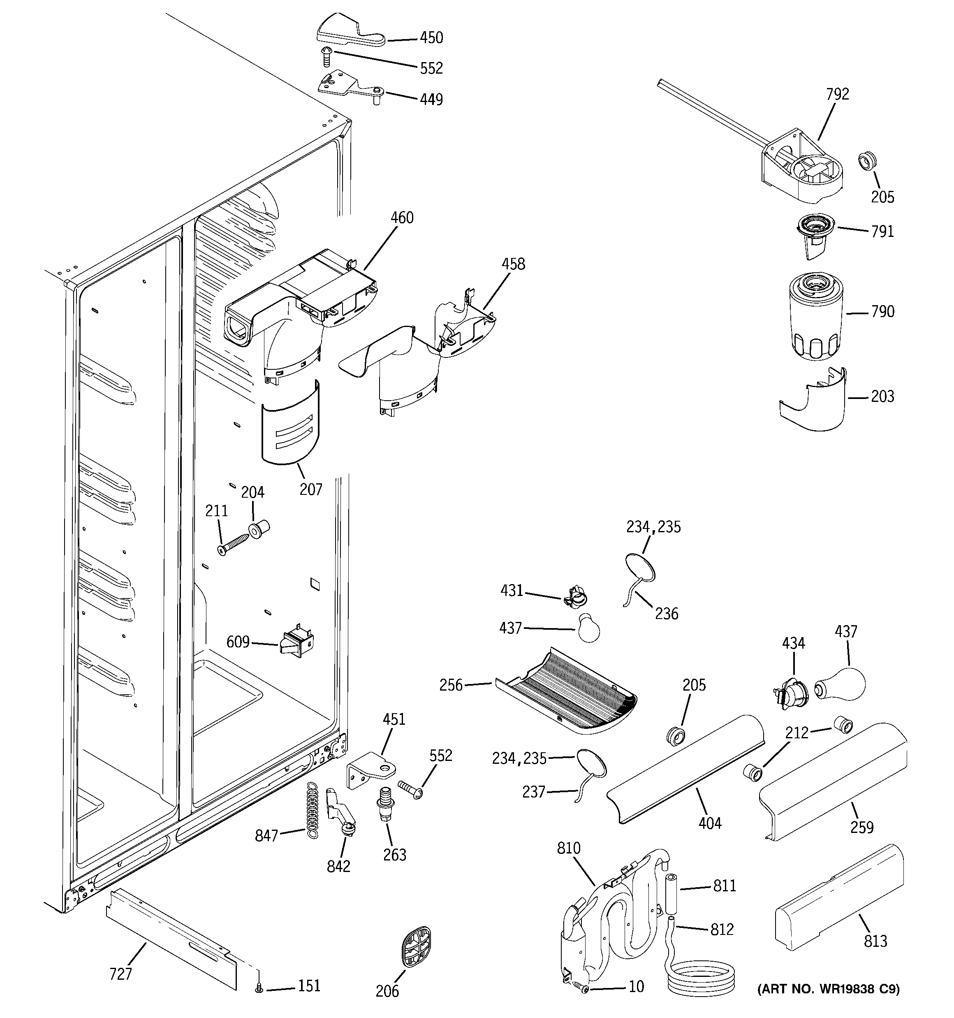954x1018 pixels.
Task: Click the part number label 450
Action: point(431,38)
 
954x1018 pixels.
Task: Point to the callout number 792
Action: point(837,94)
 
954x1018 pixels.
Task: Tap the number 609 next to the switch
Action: point(238,642)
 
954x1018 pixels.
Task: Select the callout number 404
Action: point(710,823)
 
